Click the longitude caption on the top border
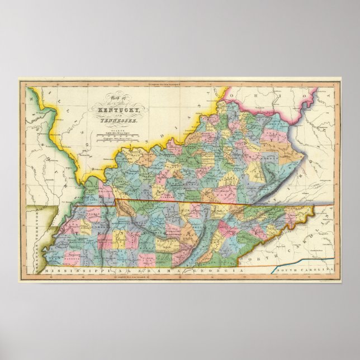pos(179,83)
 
